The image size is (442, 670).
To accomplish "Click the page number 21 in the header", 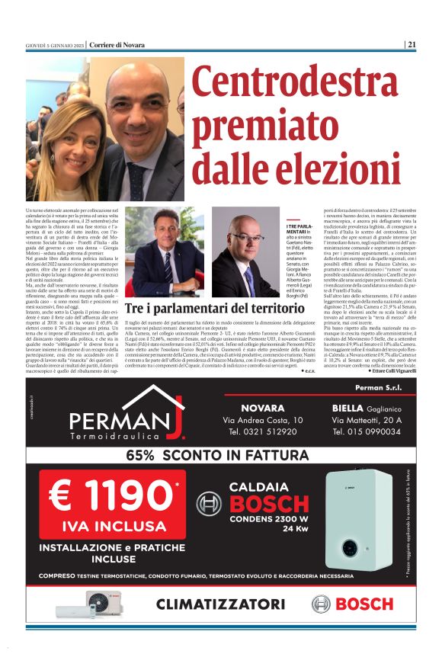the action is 412,44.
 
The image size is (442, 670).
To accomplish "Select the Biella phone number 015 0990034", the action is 367,431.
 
